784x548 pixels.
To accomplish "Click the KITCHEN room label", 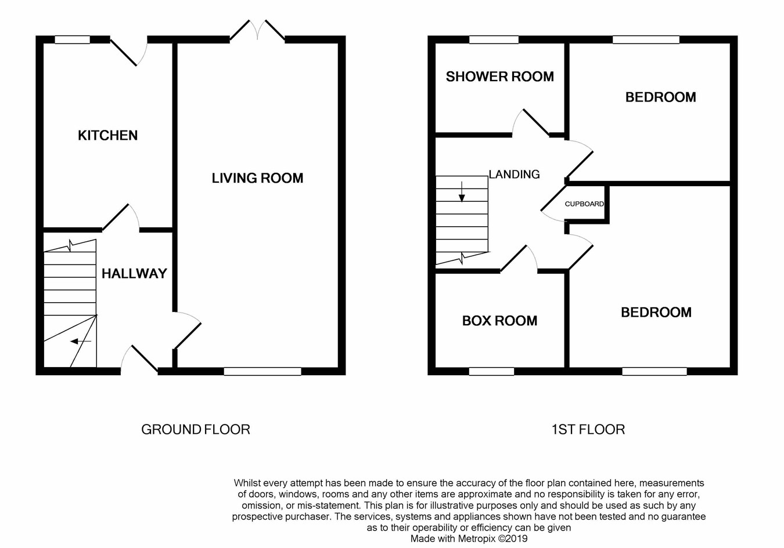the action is [108, 136].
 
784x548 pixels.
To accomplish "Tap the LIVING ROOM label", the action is [257, 178].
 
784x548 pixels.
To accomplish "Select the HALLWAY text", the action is [134, 274].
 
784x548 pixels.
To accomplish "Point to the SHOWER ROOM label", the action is [500, 77].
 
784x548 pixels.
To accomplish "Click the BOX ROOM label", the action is [500, 321].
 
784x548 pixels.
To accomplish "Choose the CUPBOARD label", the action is [584, 204].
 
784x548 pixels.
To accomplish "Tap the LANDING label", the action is [514, 174].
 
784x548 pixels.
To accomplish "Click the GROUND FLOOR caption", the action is [196, 430].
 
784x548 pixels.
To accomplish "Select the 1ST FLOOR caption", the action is [588, 430].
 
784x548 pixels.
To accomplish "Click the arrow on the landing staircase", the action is [462, 192].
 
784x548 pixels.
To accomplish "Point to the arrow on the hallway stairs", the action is [81, 341].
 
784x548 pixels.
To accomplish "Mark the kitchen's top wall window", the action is [73, 39].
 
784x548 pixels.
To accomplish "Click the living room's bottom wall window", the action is [262, 371].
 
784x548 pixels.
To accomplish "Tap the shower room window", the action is [494, 39].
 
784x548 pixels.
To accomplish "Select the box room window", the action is [491, 371].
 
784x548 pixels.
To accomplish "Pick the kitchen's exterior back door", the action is [129, 52].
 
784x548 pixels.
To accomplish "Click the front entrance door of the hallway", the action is [139, 359].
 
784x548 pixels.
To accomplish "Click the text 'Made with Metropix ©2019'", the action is [469, 539].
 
